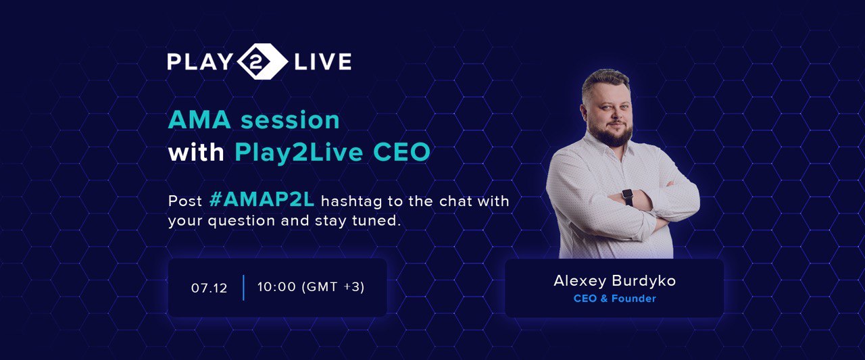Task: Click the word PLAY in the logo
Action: [199, 61]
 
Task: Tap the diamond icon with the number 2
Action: [263, 61]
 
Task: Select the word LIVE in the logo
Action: [323, 61]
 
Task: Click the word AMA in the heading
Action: [199, 120]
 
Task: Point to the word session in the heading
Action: [290, 120]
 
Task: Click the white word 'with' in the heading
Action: [196, 152]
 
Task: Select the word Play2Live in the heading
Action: [299, 153]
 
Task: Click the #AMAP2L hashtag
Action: [262, 200]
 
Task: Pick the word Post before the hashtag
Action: [185, 201]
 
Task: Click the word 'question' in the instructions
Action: [241, 222]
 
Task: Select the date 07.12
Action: [209, 288]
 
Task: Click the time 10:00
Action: [276, 286]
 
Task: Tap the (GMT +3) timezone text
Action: [333, 286]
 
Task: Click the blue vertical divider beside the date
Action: [243, 288]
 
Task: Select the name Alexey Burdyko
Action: [614, 281]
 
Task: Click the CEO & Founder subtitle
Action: [614, 299]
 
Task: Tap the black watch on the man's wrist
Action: [628, 197]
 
